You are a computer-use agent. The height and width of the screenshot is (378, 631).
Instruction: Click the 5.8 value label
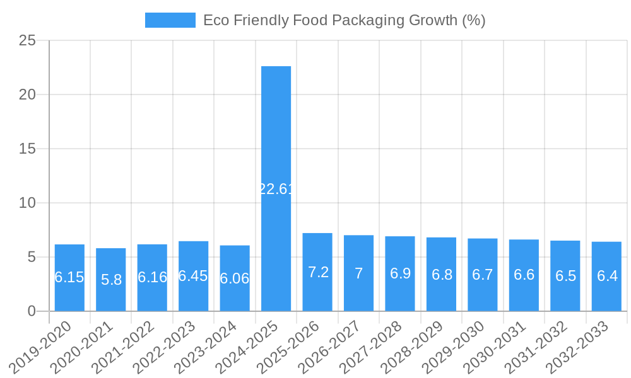pos(111,280)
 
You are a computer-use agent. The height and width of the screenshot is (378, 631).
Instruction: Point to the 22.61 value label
pos(276,189)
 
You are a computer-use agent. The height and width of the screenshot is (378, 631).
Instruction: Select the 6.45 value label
pos(193,276)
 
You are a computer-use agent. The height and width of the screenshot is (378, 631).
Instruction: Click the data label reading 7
pos(358,273)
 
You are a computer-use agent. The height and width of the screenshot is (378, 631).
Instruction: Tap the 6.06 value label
pos(235,278)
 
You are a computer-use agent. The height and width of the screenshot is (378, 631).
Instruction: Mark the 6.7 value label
pos(483,275)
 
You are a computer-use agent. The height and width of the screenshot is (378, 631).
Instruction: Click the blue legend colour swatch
pos(170,20)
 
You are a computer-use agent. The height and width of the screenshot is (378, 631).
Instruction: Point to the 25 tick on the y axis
pos(27,41)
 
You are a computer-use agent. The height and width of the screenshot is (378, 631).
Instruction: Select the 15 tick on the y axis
pos(27,149)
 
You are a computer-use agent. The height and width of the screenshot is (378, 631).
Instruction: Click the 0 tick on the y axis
pos(32,311)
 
